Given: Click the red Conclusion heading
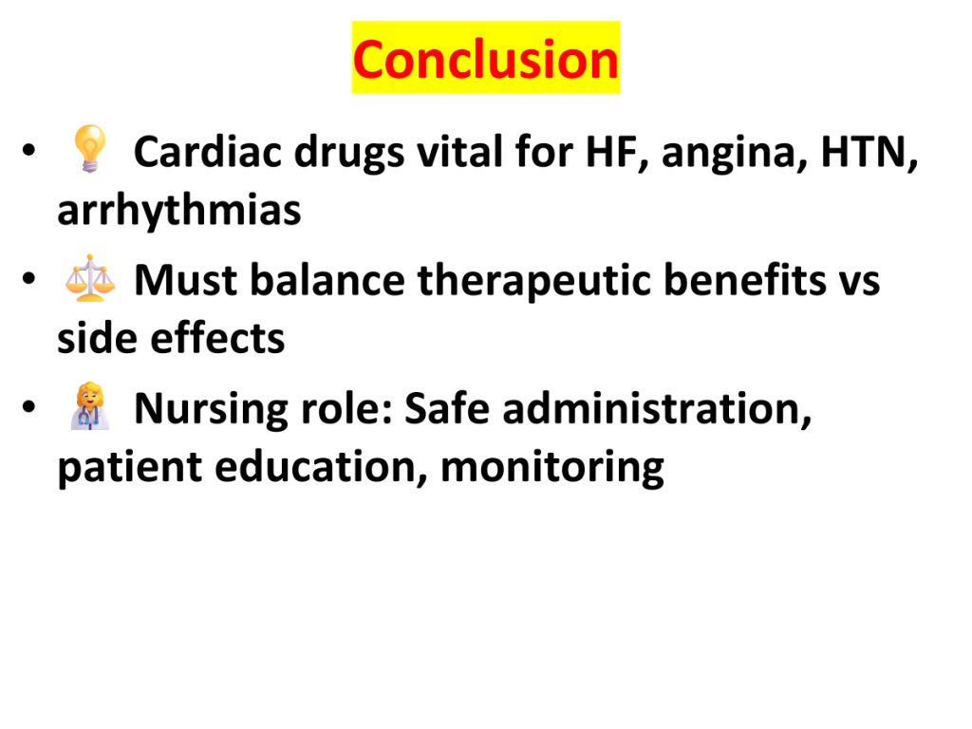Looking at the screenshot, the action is pos(486,60).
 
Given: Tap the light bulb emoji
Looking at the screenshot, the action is pos(90,149).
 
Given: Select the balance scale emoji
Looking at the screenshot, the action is pos(90,278).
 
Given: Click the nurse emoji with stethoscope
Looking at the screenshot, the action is pos(90,406).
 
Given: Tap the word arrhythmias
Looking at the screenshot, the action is pos(179,211).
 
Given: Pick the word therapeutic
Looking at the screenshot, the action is pos(534,281).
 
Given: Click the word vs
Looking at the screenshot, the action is pos(860,283).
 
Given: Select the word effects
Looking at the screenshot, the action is pos(217,339).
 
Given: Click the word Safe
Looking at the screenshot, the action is pos(447,408).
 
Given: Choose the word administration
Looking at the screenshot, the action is pos(657,409).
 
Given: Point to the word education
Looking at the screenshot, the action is pos(321,468).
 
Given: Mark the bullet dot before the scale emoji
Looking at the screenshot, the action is pos(28,279).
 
